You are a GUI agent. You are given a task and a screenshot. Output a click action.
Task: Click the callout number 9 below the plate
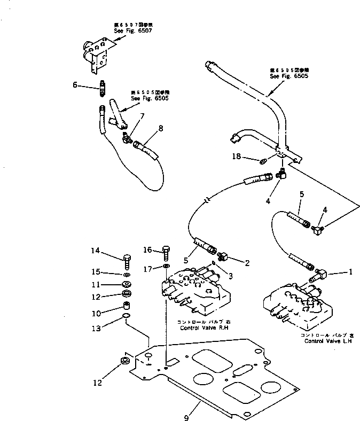[x=186, y=417]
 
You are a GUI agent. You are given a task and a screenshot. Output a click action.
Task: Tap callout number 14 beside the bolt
[x=95, y=251]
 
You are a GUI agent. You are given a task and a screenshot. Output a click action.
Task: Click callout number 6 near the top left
[x=75, y=84]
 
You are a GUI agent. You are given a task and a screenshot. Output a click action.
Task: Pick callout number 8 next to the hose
[x=161, y=128]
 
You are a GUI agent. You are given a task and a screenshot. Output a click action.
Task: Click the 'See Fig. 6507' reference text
[x=127, y=31]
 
